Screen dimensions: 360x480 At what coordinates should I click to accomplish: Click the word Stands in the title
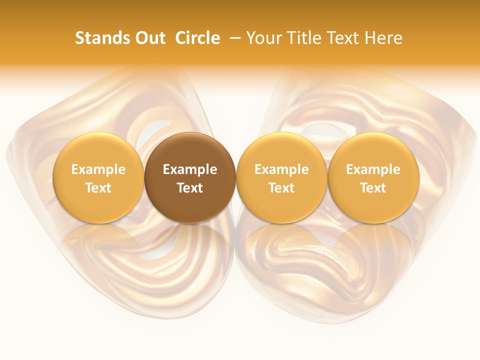(98, 38)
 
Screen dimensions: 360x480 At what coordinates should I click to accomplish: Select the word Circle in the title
(197, 38)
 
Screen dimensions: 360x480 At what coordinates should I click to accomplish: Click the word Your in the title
(262, 38)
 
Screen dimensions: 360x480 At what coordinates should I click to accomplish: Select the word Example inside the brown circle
(190, 169)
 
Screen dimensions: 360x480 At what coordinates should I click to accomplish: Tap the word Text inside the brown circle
(190, 188)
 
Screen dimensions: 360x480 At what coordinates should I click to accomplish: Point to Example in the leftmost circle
(98, 169)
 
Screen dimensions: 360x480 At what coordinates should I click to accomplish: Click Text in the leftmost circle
(98, 188)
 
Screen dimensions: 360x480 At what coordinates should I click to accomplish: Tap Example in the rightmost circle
(373, 169)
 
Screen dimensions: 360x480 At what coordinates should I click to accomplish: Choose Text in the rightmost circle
(373, 188)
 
